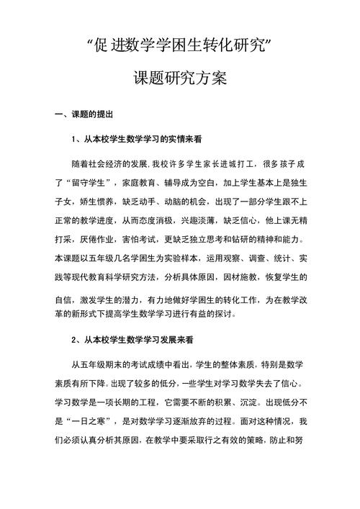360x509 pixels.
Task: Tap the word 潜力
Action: pos(137,298)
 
